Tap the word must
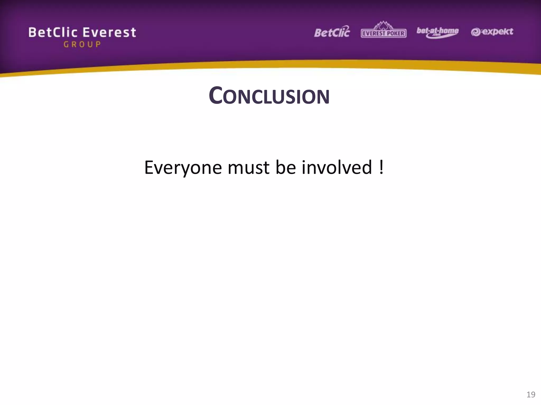tap(248, 168)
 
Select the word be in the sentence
tap(286, 168)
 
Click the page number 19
tap(531, 394)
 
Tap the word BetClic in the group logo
tap(53, 33)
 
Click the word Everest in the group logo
tap(109, 33)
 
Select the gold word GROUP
tap(82, 44)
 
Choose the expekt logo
tap(492, 32)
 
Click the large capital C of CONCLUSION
tap(215, 95)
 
